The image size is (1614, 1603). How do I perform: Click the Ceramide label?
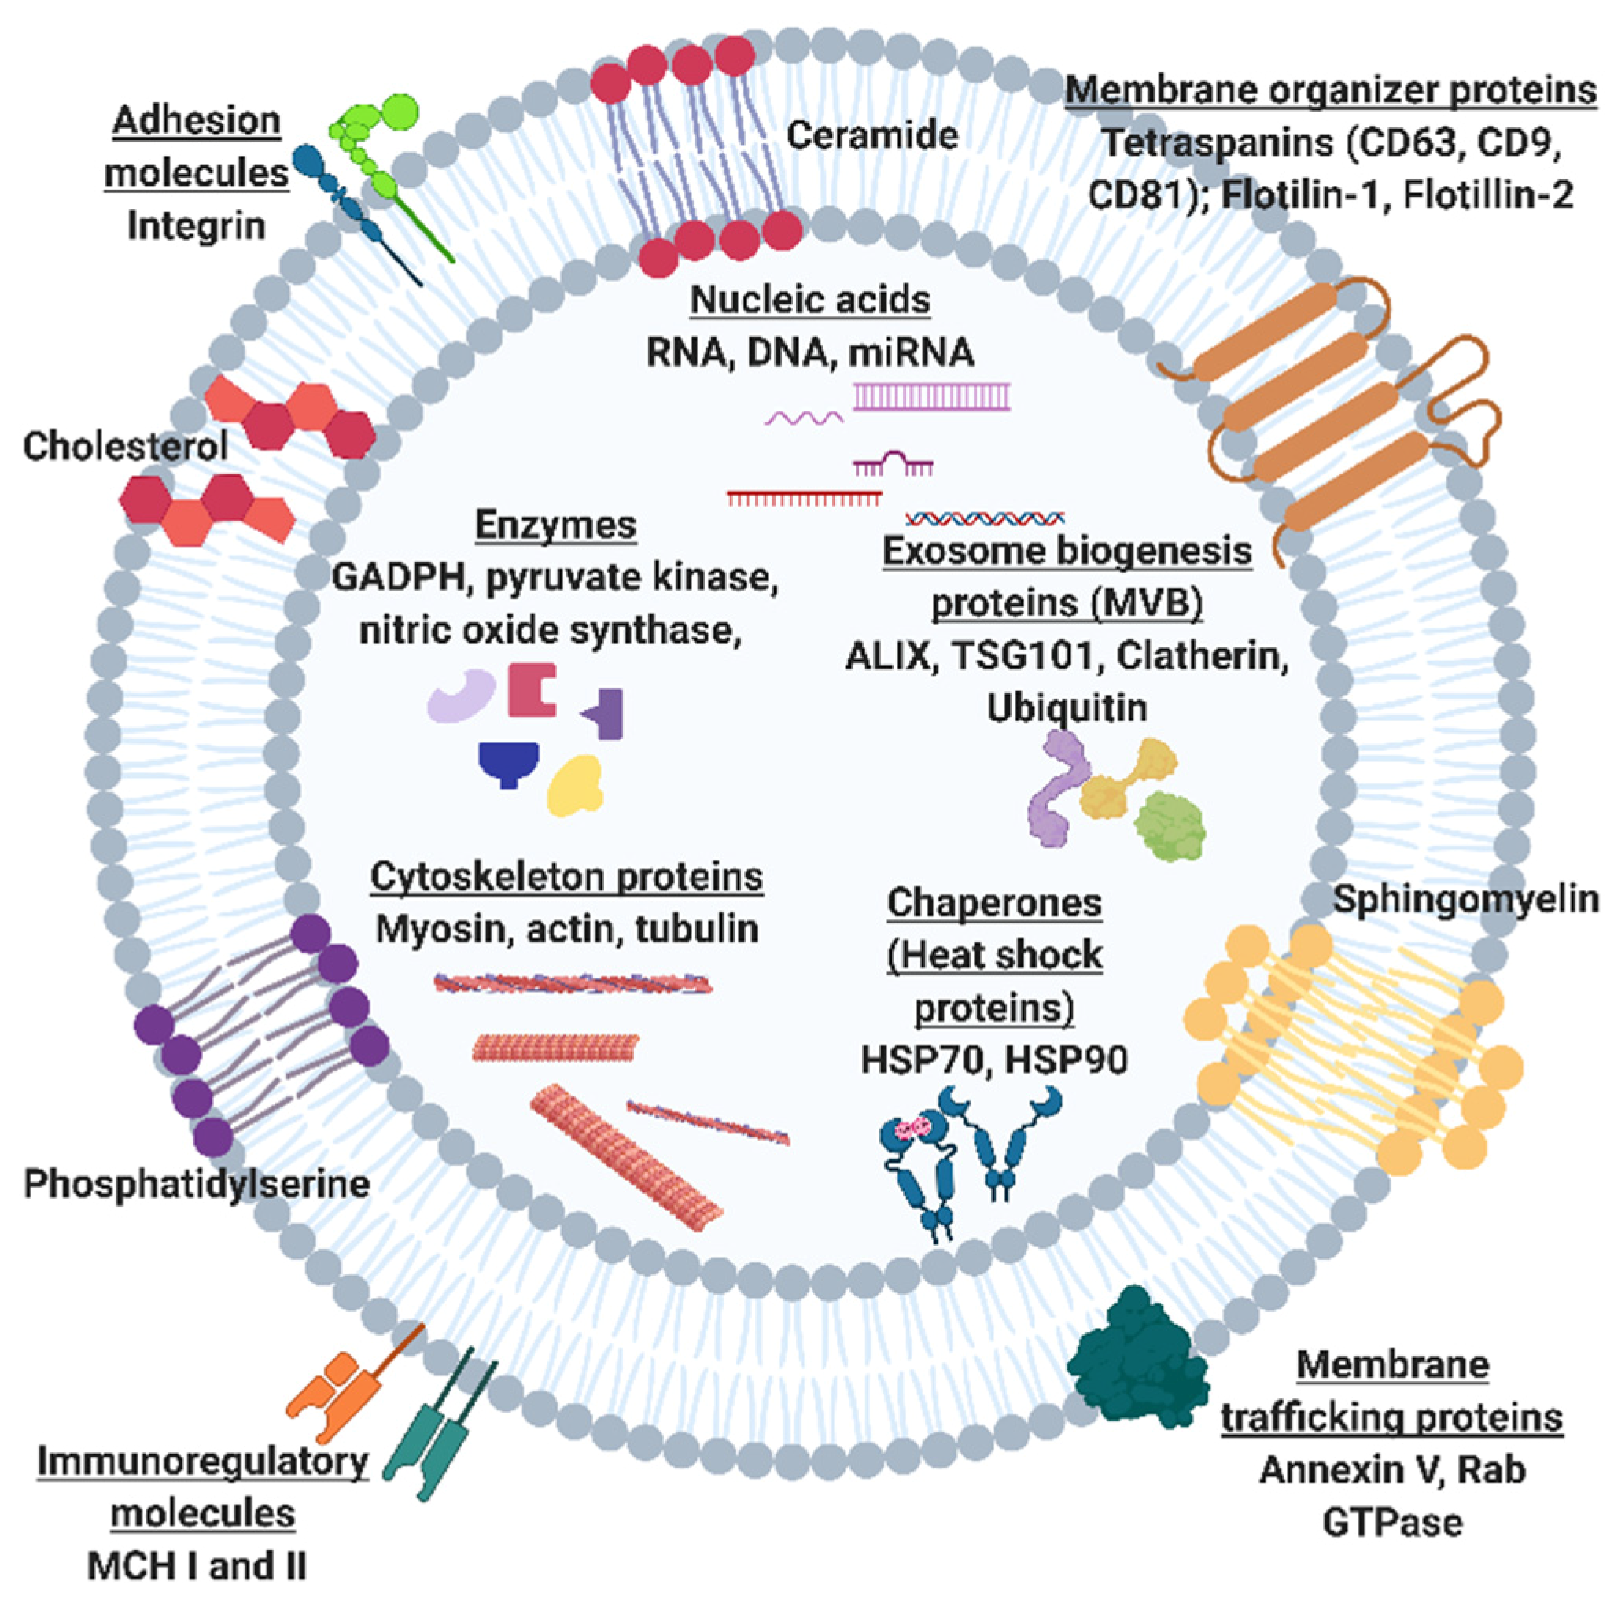pos(871,135)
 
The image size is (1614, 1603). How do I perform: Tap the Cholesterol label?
pos(125,447)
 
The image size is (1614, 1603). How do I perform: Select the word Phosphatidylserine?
pos(197,1185)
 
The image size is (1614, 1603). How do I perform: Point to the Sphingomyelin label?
pos(1465,900)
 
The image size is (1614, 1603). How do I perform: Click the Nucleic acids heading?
pos(809,300)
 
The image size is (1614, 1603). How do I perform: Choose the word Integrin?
pos(197,227)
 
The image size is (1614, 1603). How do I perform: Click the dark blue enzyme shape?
pos(508,762)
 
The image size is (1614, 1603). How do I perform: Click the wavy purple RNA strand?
pos(804,417)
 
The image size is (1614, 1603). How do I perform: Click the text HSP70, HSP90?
pos(994,1060)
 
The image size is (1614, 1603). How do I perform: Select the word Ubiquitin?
pos(1067,709)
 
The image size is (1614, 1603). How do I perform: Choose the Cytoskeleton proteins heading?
pos(566,878)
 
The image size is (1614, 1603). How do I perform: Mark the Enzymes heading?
pos(555,525)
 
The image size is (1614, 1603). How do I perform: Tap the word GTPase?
pos(1393,1522)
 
